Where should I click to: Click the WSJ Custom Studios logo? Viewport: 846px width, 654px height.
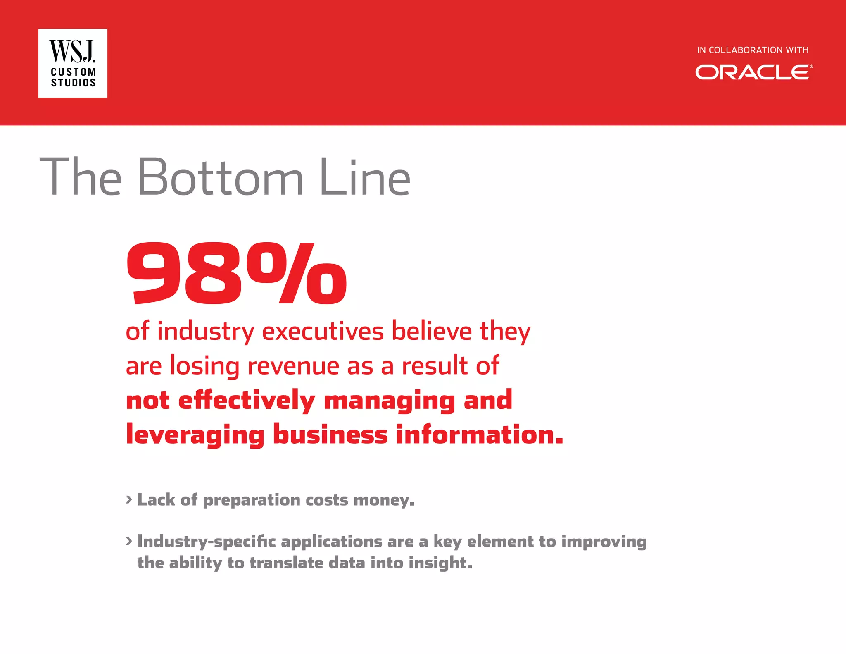click(73, 63)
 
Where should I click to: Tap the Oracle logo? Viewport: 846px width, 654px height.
click(754, 72)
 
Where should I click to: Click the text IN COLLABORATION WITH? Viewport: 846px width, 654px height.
click(753, 50)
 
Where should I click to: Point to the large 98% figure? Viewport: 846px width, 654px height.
click(236, 274)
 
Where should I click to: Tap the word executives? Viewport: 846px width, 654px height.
click(323, 332)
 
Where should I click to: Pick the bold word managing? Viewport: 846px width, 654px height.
click(389, 401)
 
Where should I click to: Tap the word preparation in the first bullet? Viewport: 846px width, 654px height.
click(252, 500)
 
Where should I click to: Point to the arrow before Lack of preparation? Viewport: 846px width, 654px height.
click(129, 499)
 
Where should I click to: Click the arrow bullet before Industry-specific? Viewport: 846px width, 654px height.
click(129, 541)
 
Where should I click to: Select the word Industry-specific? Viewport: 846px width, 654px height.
click(206, 542)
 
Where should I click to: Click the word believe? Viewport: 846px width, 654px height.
click(431, 332)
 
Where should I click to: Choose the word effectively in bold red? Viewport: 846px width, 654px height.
click(247, 401)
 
